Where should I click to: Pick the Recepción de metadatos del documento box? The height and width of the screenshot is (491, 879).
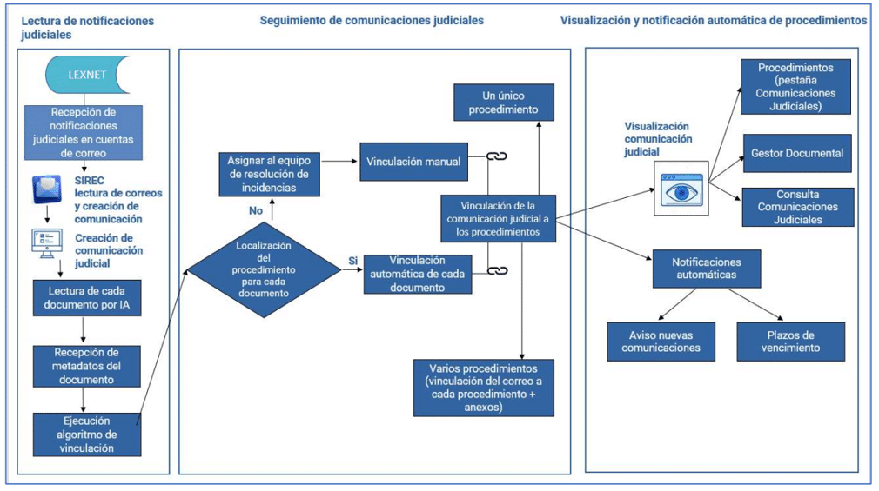point(84,365)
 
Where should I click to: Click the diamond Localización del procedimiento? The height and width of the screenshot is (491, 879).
point(262,269)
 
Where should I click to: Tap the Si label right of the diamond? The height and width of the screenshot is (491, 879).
point(353,260)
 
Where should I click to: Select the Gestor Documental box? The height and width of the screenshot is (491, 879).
point(796,153)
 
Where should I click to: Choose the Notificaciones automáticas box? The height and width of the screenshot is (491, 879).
point(706,268)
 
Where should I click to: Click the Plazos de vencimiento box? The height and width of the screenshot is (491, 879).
point(790,341)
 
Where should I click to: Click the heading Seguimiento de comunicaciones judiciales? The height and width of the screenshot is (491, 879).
point(372,19)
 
